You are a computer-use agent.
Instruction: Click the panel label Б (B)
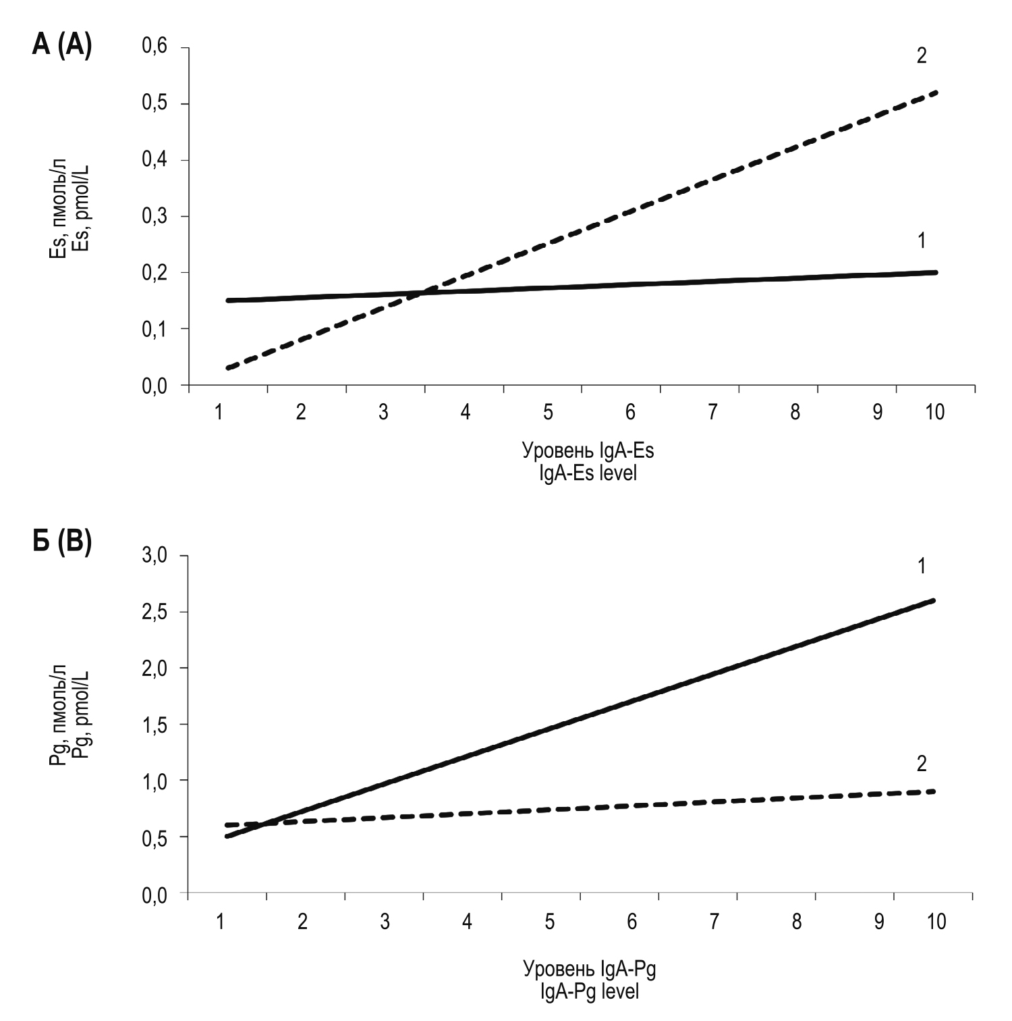point(61,542)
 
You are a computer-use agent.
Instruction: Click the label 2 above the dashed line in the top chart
point(922,55)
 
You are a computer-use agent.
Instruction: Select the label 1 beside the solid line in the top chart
point(922,240)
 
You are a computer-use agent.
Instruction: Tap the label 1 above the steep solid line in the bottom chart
point(922,566)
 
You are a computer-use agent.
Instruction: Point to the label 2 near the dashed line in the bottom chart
point(922,764)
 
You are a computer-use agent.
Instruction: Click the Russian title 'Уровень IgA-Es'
point(588,450)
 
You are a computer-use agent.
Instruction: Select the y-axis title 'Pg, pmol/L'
point(82,718)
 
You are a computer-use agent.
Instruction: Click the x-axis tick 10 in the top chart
point(935,412)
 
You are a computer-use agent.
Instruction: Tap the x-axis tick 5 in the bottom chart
point(550,921)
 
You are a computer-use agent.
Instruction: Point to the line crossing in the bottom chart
point(266,823)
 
